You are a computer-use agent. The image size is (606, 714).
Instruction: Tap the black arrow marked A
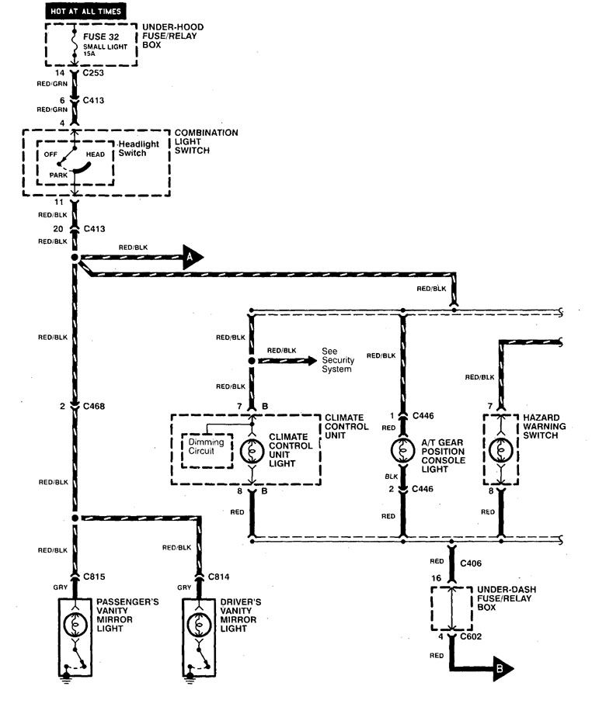pos(192,256)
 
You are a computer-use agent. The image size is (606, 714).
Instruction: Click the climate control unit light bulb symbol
pos(251,452)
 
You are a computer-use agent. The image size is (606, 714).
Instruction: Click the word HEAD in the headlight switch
pos(97,154)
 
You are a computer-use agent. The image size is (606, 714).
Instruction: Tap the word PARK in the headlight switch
pos(58,175)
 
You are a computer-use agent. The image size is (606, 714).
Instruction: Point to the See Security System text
pos(336,365)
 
